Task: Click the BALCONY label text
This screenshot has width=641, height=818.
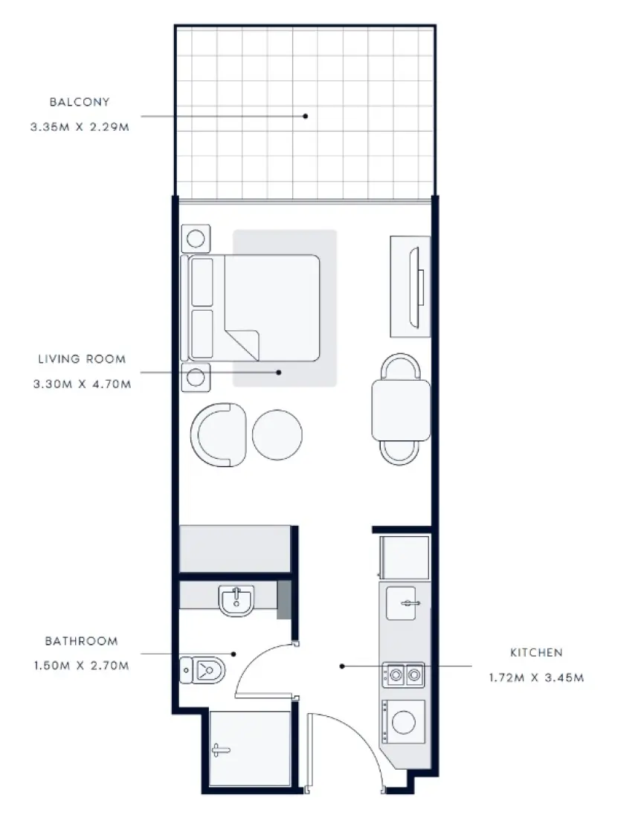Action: [80, 102]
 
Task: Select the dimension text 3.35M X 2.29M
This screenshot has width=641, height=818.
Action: [80, 127]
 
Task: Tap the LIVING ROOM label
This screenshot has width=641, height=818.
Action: [82, 359]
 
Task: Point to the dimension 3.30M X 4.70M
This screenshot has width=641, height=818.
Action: [82, 384]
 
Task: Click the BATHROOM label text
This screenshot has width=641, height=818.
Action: [81, 641]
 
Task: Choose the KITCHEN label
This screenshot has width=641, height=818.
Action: [536, 653]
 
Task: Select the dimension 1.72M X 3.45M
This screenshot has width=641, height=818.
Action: [536, 678]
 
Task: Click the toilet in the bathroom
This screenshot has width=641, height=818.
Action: [202, 670]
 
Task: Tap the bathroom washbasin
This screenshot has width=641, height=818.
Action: [236, 600]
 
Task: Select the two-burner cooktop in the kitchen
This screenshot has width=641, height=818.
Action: [404, 675]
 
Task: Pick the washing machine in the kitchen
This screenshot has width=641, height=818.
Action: [404, 721]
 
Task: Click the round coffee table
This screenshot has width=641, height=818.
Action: [277, 435]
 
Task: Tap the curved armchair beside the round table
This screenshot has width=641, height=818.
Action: [217, 435]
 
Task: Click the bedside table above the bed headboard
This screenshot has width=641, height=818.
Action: [196, 239]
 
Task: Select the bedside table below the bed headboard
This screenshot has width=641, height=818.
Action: [196, 377]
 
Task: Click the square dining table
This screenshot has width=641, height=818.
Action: [401, 410]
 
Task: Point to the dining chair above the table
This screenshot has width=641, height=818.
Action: [401, 367]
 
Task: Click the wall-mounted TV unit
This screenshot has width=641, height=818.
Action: [411, 286]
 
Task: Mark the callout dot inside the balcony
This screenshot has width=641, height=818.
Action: [305, 115]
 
